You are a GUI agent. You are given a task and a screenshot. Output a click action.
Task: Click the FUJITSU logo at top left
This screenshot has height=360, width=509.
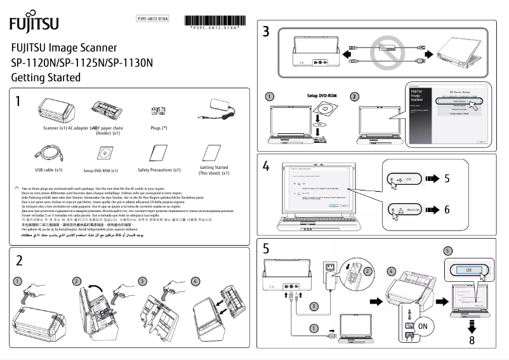[34, 23]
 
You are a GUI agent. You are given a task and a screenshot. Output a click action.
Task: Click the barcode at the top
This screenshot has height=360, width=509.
[213, 20]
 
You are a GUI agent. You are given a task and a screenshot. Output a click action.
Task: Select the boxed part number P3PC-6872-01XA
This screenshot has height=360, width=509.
[153, 20]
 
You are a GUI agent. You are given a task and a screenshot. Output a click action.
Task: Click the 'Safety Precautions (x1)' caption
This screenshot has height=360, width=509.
[159, 170]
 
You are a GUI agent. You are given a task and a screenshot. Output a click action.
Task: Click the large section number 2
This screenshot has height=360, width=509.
[20, 260]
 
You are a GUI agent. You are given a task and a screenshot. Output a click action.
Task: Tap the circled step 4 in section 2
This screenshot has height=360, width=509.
[195, 281]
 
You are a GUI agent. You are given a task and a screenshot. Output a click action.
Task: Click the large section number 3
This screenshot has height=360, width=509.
[266, 32]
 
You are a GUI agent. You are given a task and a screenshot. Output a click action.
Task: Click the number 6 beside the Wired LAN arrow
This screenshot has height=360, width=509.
[447, 209]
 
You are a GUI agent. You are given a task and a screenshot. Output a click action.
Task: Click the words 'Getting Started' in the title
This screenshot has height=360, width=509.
[46, 77]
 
